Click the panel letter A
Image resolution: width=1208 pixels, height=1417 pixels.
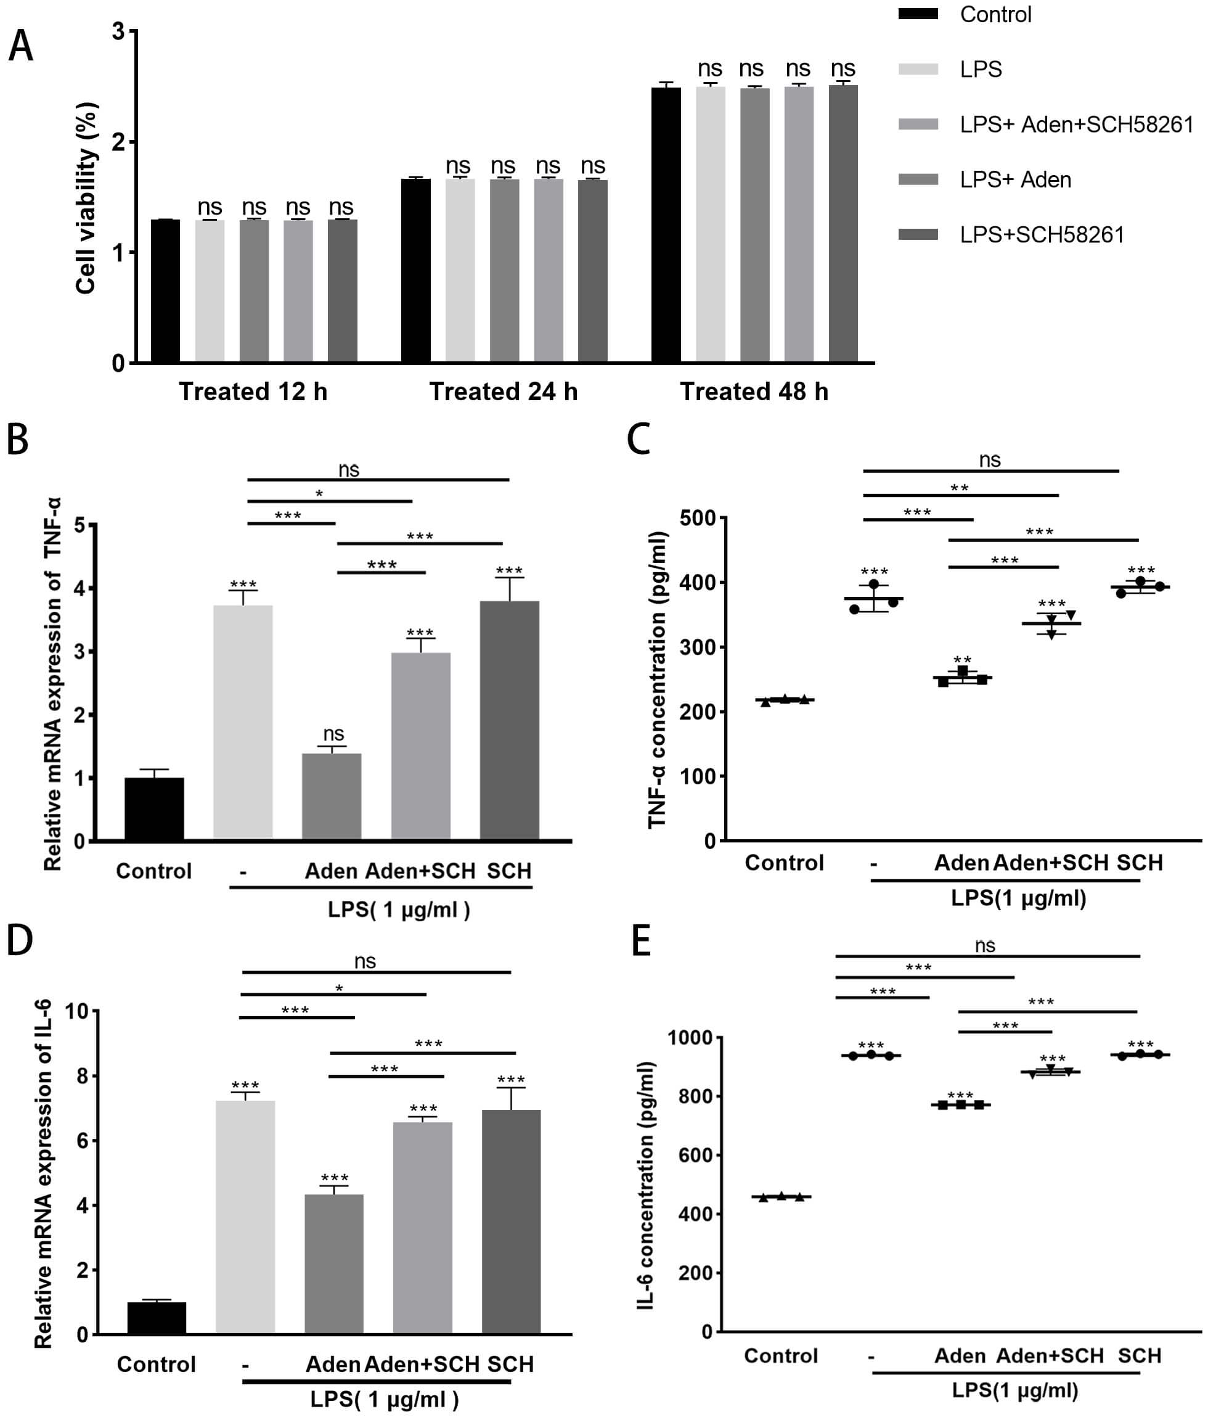pos(20,47)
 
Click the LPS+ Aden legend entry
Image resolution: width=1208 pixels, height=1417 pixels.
pos(1014,180)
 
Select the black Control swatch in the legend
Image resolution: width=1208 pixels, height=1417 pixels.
pos(918,14)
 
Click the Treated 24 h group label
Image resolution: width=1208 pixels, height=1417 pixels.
pos(503,392)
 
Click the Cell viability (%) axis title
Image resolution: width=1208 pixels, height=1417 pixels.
pos(86,199)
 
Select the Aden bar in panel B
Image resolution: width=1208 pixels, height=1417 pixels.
pos(332,796)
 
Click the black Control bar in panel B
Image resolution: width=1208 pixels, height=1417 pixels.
pos(155,809)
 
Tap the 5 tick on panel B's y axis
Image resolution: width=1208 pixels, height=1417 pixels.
pos(80,525)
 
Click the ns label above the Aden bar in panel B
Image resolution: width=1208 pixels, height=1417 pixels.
pos(333,734)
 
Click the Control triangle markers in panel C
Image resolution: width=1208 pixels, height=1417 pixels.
pos(785,700)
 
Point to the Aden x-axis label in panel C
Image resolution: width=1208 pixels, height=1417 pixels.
pos(960,863)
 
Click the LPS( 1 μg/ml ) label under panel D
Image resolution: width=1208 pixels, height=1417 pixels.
pos(384,1399)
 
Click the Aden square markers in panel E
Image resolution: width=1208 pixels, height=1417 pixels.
pos(960,1104)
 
